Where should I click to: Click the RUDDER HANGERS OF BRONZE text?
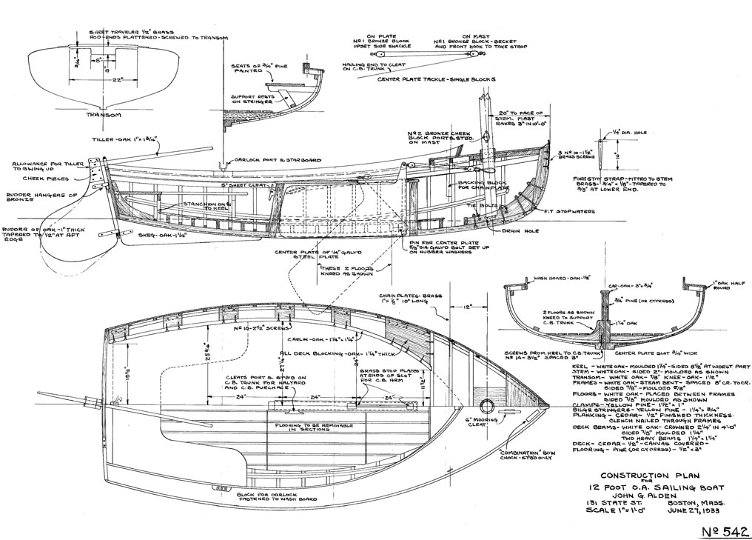(32, 198)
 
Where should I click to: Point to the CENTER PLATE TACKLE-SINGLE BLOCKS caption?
(436, 79)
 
